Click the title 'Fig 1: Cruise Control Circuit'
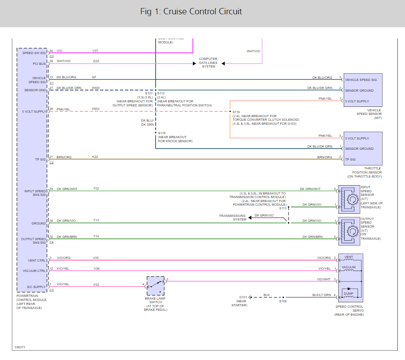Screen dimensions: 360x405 click(191, 12)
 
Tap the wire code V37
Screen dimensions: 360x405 click(95, 51)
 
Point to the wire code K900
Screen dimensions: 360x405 click(96, 88)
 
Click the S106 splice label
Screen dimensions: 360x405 click(283, 301)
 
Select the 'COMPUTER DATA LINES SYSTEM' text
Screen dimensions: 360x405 click(208, 63)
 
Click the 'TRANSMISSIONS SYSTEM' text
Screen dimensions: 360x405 click(232, 217)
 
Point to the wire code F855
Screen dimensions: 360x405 click(96, 109)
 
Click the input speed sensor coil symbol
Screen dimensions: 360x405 click(350, 198)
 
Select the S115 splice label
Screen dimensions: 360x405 click(283, 208)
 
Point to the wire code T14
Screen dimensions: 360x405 click(96, 236)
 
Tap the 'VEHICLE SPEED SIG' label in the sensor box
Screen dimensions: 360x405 click(361, 80)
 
